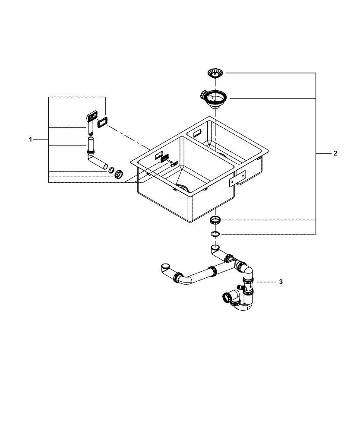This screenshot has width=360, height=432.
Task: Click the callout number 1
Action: (30, 140)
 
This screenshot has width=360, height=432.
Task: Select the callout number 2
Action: (335, 153)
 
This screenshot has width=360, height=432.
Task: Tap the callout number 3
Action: (281, 282)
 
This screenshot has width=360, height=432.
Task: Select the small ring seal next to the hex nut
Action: (111, 170)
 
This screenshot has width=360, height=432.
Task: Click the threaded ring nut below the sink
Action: (215, 220)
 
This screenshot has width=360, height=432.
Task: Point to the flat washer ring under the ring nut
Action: (215, 234)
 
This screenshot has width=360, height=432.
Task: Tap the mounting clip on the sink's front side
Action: (238, 177)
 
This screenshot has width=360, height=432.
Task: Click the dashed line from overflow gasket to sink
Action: (129, 138)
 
